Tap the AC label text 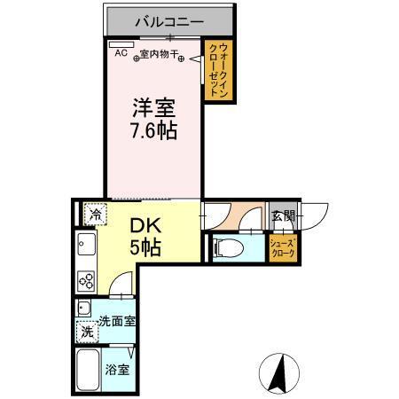[x=121, y=54]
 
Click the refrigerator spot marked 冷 [x=95, y=214]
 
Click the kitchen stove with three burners [x=87, y=279]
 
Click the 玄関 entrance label [x=283, y=216]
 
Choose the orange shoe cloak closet [x=284, y=248]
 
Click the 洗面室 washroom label [x=116, y=321]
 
